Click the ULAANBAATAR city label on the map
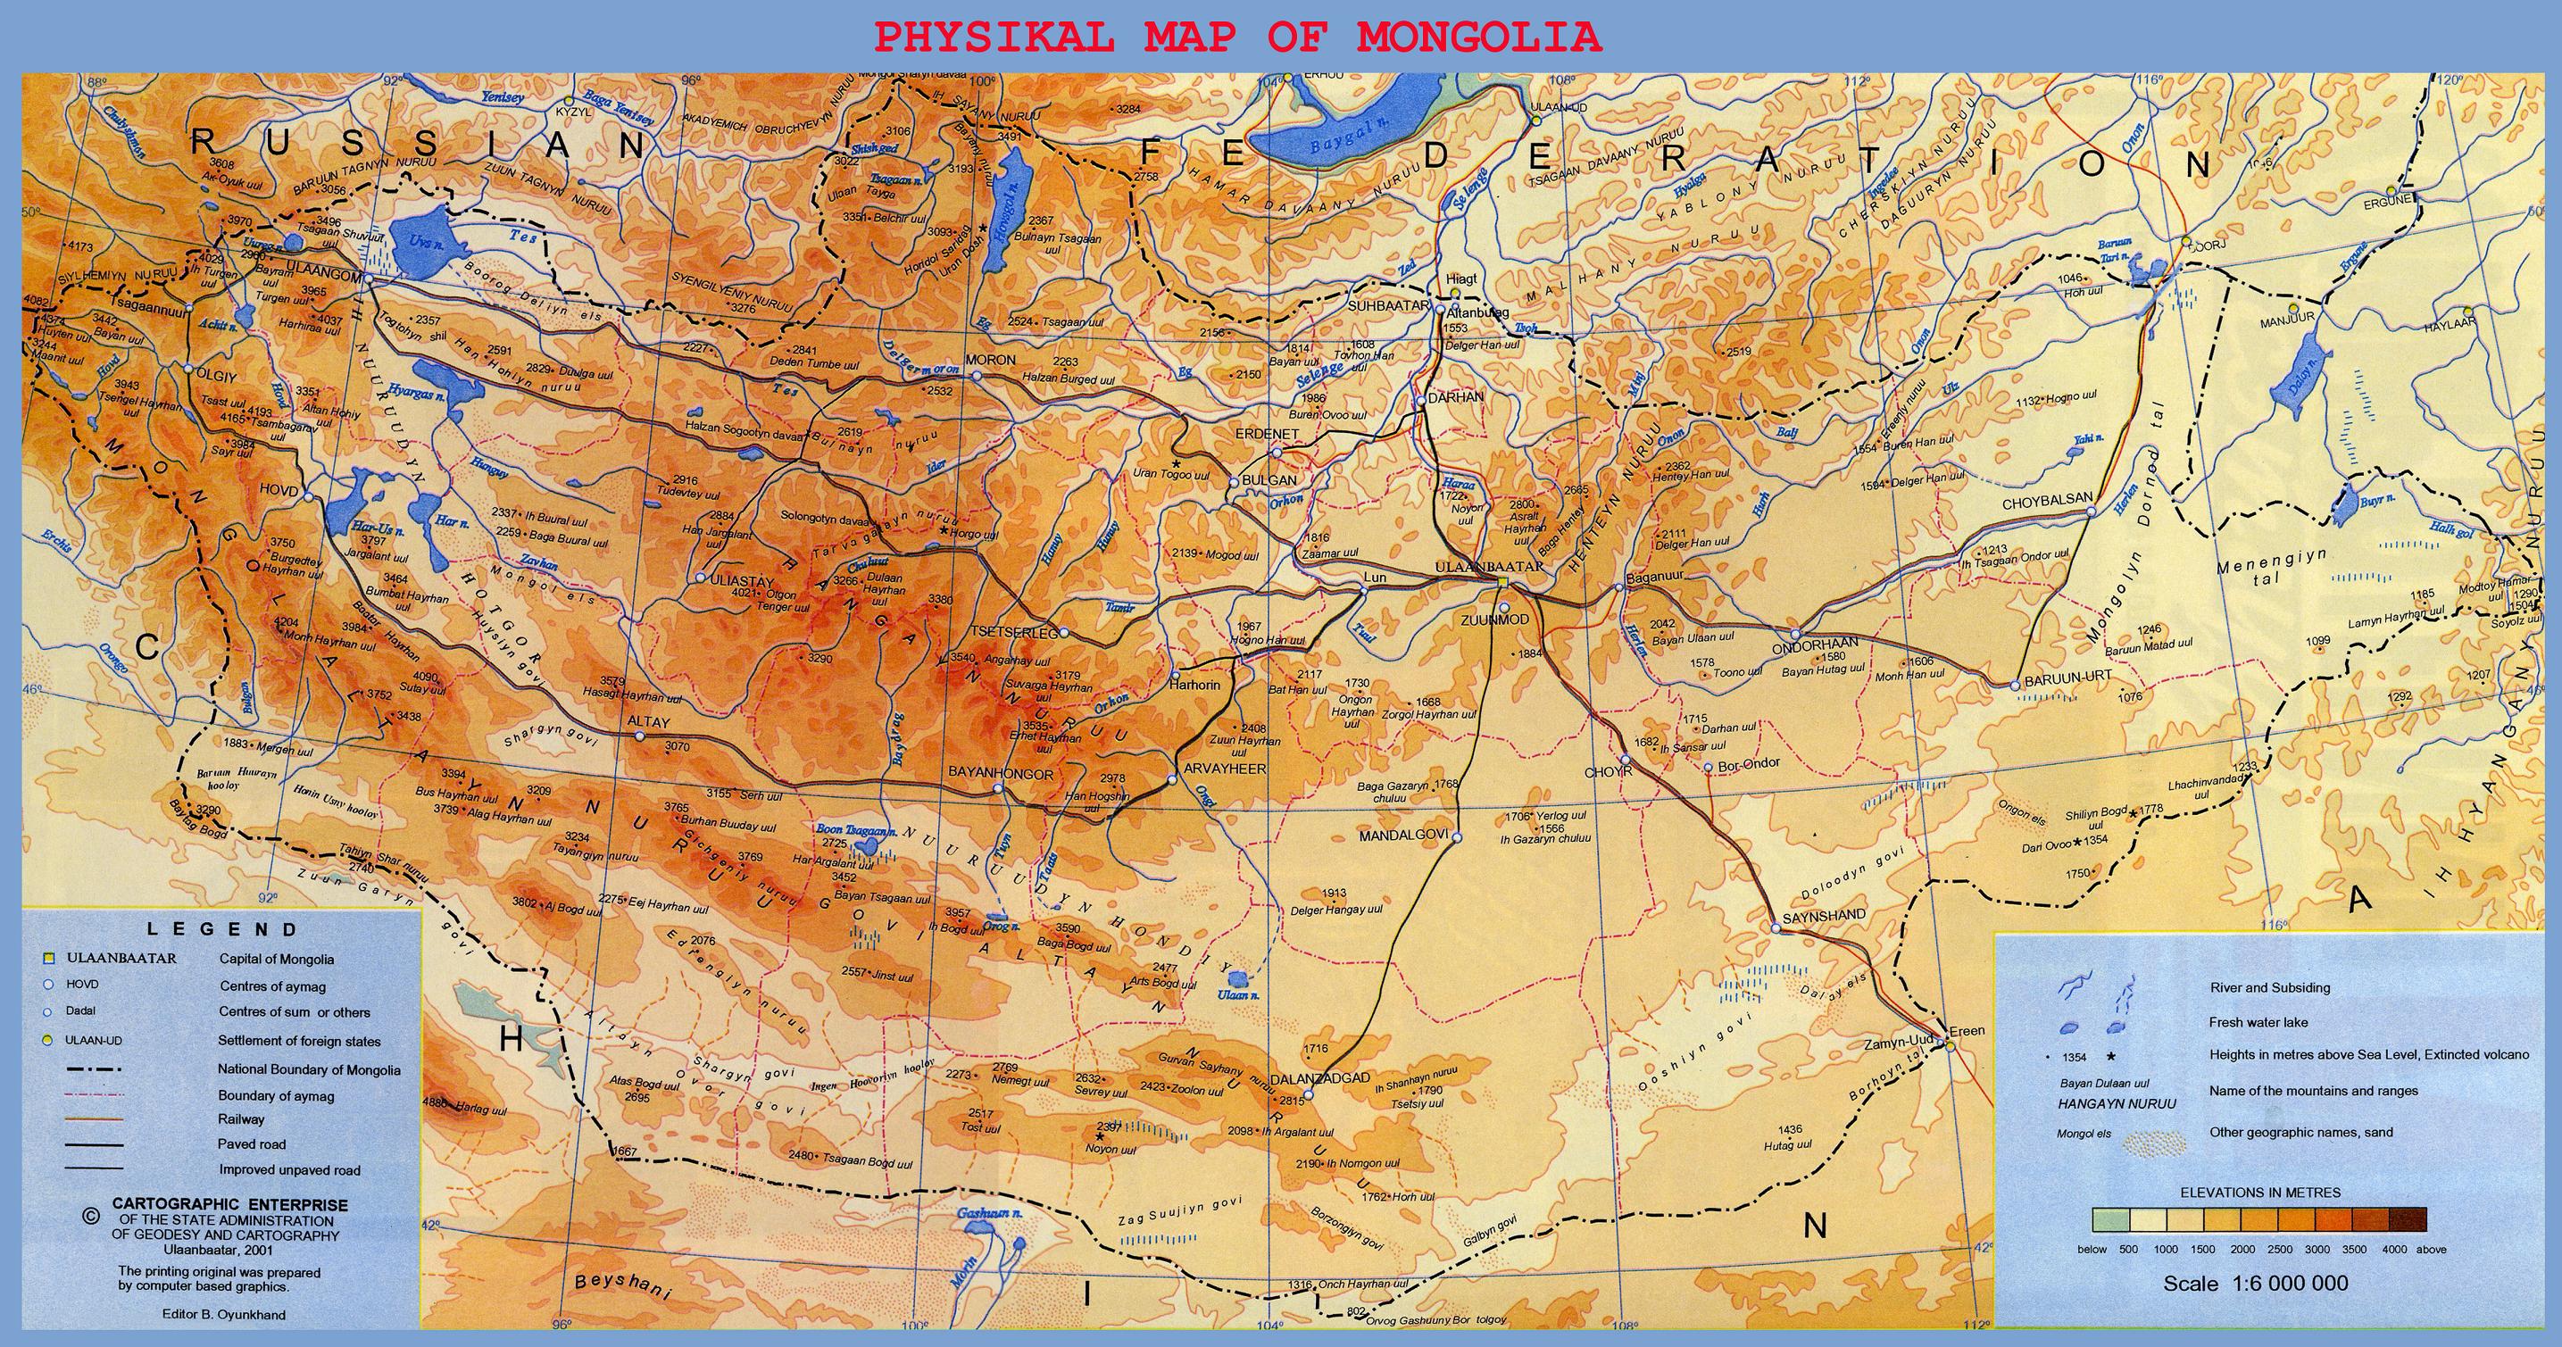pos(1489,567)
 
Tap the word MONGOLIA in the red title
pos(1479,37)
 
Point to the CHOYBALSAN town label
pos(2047,503)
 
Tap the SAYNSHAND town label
pos(1823,915)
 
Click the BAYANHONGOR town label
pos(1000,773)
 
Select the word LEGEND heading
pos(221,930)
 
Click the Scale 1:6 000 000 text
pos(2255,1284)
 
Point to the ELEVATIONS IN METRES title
pos(2259,1193)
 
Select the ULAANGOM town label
pos(320,267)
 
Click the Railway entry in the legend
pos(241,1119)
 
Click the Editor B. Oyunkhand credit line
pos(223,1314)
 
